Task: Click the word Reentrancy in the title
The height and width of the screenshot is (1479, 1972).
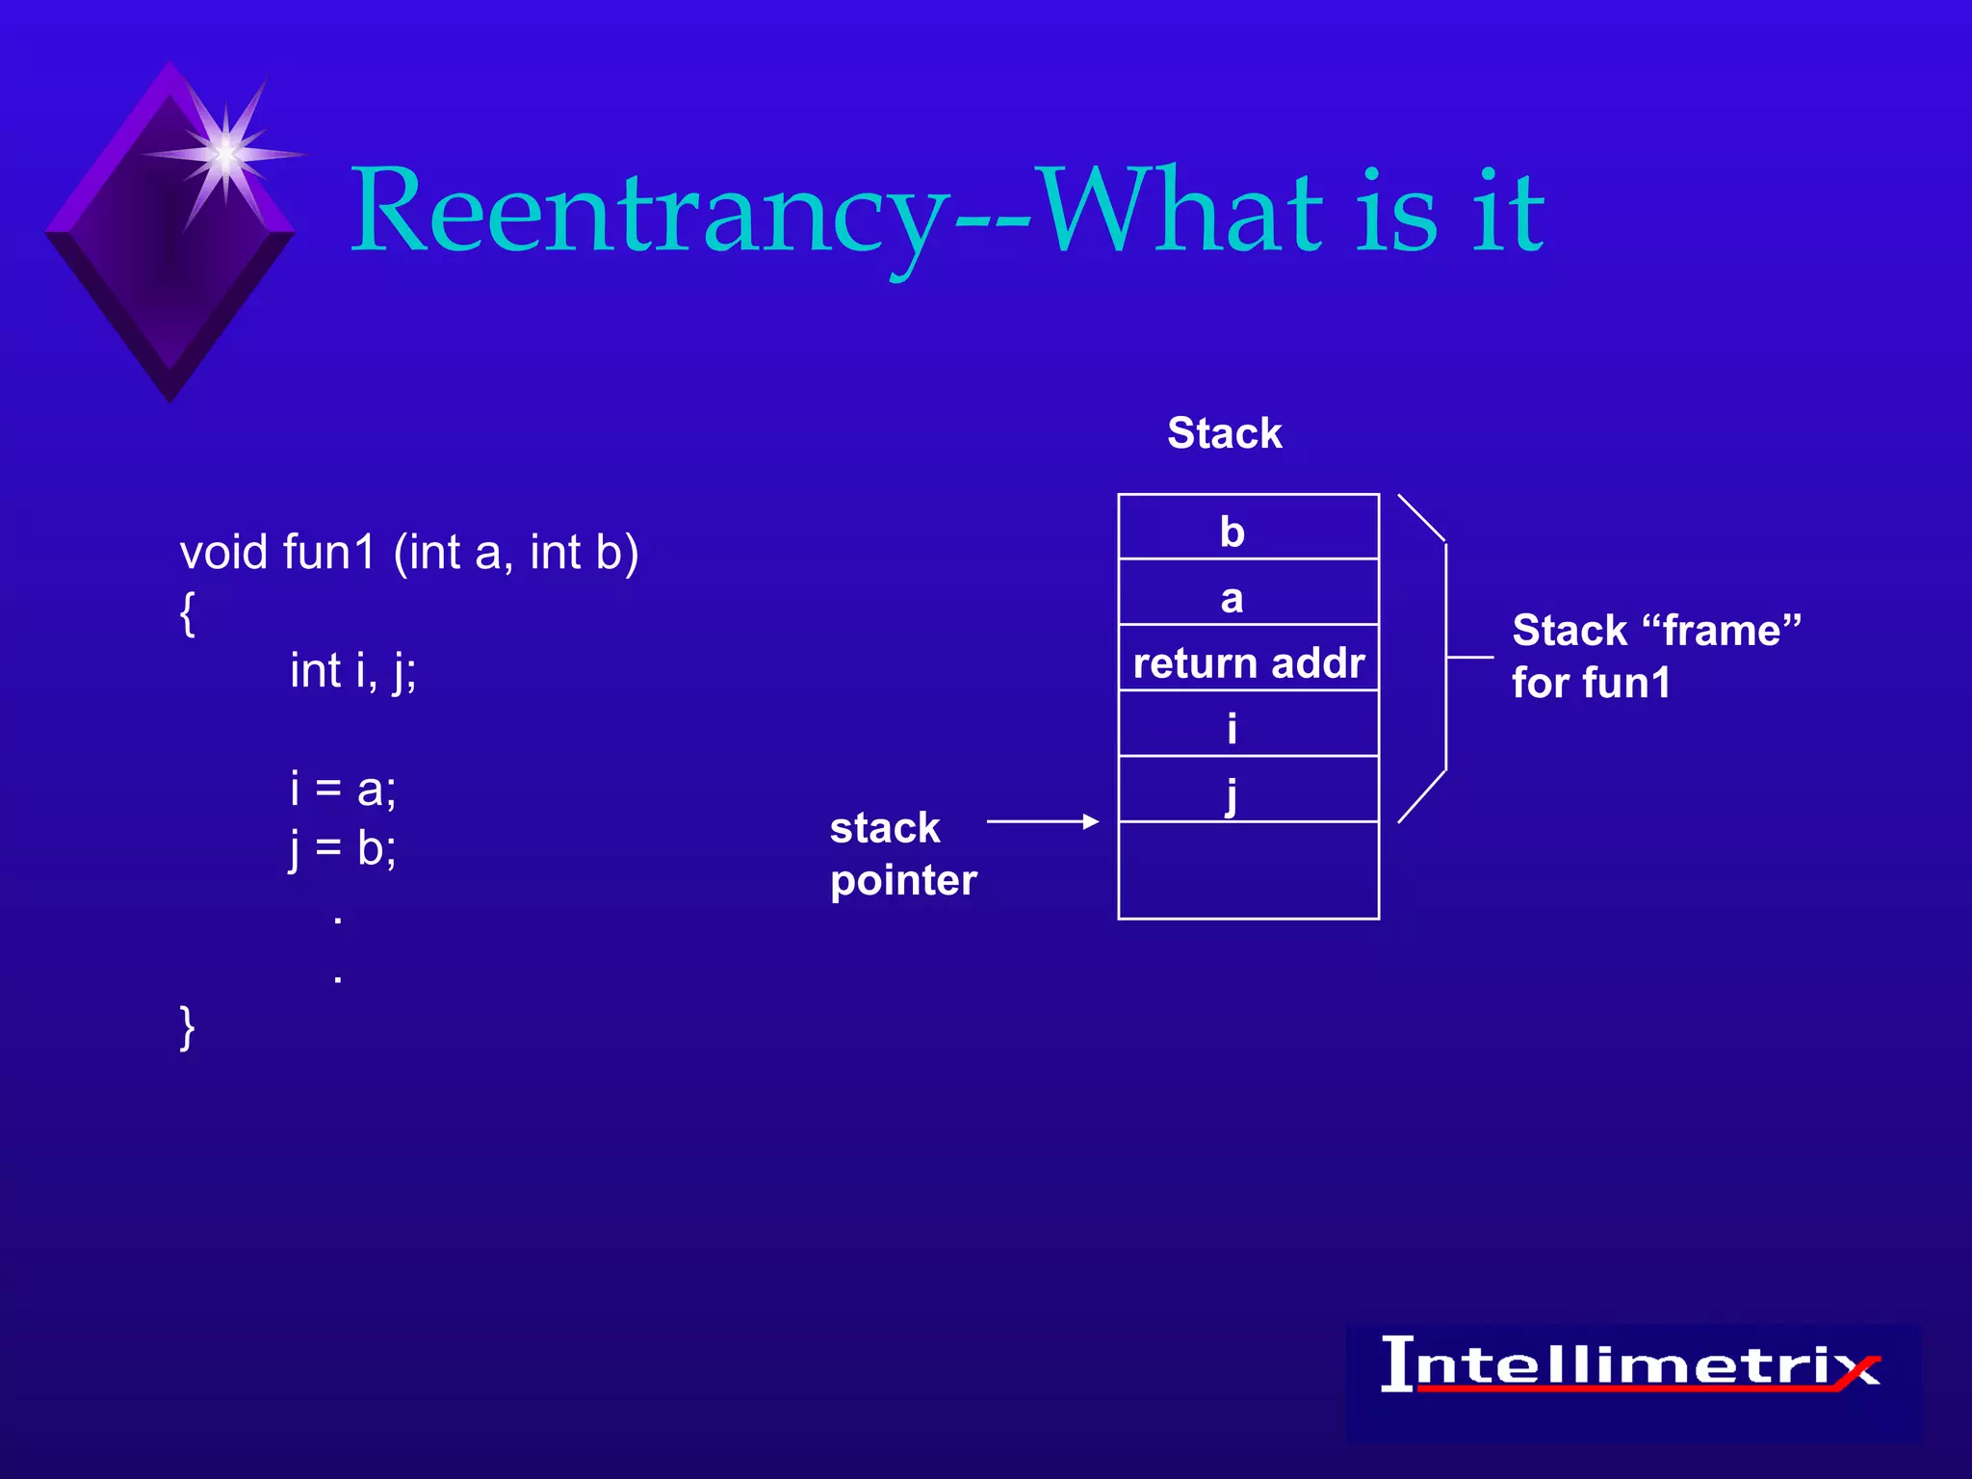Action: (x=645, y=212)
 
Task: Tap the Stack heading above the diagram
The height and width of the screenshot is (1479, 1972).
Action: (x=1224, y=433)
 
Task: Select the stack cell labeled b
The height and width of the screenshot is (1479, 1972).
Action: (x=1248, y=528)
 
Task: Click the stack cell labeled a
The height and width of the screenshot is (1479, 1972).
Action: (x=1248, y=593)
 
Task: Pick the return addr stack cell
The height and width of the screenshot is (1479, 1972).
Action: (x=1248, y=661)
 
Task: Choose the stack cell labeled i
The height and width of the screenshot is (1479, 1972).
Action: (x=1248, y=725)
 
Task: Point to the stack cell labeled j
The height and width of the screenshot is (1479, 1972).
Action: (x=1248, y=791)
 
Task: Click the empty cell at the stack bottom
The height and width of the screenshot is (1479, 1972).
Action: (x=1248, y=870)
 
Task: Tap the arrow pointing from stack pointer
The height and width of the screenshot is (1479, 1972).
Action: (x=1042, y=821)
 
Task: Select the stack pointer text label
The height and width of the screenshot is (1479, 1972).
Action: (x=902, y=854)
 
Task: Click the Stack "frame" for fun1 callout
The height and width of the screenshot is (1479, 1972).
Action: (x=1654, y=657)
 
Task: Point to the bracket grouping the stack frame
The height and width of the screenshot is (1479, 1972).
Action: (x=1444, y=657)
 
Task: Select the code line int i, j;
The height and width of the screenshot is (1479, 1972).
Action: (x=352, y=671)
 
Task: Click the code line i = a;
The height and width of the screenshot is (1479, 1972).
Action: (x=343, y=790)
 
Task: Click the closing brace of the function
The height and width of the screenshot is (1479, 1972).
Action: (x=188, y=1027)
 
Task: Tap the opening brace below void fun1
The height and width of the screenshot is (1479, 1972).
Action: (x=188, y=613)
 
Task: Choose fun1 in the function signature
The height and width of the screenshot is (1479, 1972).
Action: (x=327, y=554)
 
